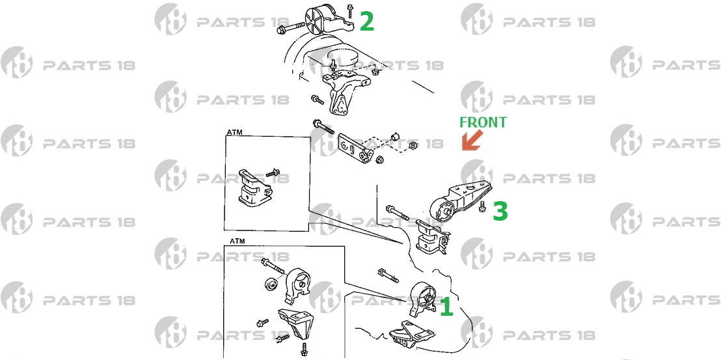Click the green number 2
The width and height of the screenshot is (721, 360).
(366, 21)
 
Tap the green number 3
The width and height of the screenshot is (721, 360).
(500, 211)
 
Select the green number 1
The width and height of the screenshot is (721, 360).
(446, 307)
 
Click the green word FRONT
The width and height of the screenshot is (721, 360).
(483, 122)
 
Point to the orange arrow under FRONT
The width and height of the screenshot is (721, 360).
(472, 141)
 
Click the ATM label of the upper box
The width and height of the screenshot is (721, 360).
(234, 132)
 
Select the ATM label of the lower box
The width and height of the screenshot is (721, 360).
(238, 241)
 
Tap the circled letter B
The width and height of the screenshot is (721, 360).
(413, 146)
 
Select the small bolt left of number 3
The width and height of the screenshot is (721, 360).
(482, 206)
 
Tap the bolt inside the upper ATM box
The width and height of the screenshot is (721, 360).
(273, 173)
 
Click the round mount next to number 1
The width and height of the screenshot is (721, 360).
(422, 298)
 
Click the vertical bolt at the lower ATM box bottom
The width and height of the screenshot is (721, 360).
(303, 348)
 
